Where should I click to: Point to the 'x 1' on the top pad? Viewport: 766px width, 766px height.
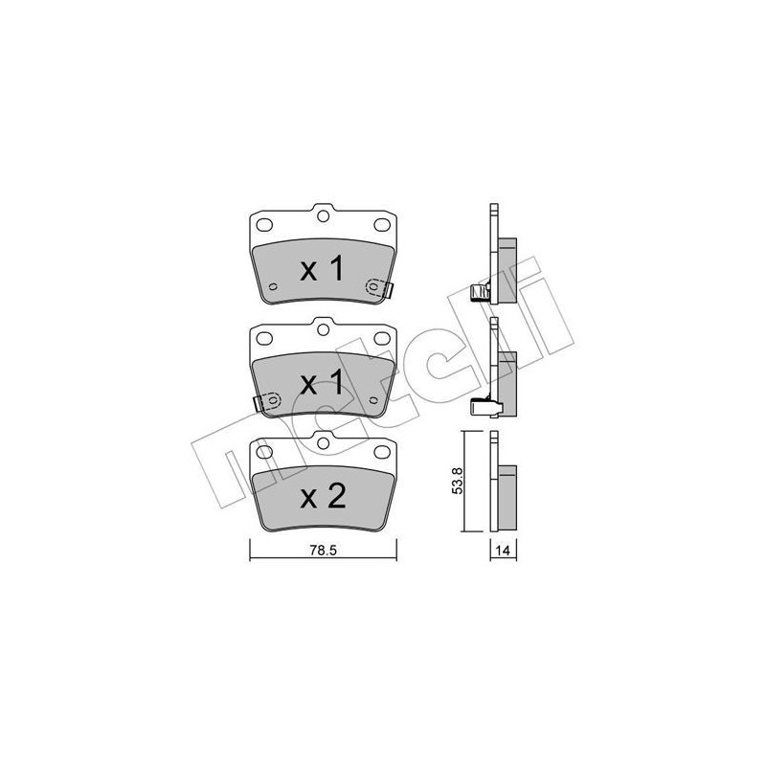[x=323, y=270]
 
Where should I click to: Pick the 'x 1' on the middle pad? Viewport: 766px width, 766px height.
[x=323, y=384]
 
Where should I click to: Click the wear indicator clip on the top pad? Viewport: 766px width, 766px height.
[x=377, y=286]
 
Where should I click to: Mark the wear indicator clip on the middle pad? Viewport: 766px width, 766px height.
[x=266, y=401]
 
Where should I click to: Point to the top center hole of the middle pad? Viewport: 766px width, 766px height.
[x=324, y=331]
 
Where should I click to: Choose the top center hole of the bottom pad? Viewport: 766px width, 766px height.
[x=324, y=444]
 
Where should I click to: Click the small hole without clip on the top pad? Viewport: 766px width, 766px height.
[x=272, y=286]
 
